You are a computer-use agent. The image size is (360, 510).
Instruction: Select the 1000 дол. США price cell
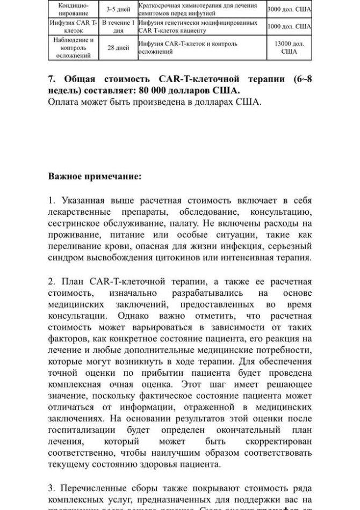289,26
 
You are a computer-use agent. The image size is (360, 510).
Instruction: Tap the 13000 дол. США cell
289,47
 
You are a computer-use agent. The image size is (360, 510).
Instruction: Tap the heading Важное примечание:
95,176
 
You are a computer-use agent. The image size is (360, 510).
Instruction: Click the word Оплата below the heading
65,102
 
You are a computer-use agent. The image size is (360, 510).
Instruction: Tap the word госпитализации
82,430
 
